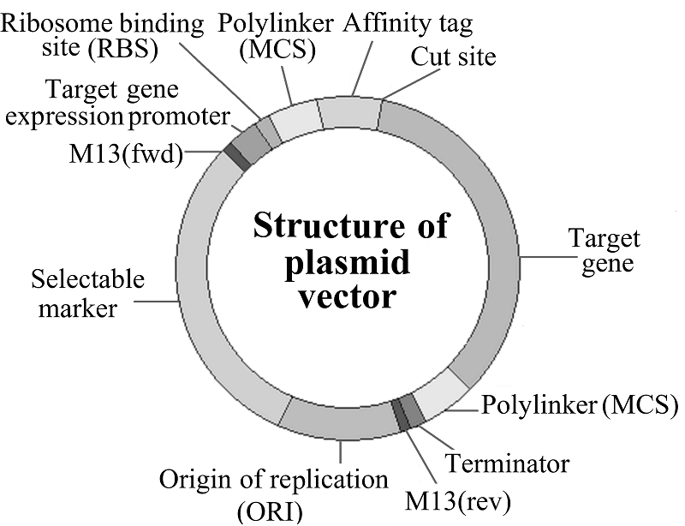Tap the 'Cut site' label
pyautogui.click(x=453, y=58)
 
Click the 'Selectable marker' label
pyautogui.click(x=87, y=294)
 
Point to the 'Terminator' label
pyautogui.click(x=506, y=464)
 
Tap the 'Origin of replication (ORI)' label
pyautogui.click(x=275, y=493)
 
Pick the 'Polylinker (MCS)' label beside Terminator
pyautogui.click(x=575, y=403)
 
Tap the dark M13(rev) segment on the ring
pyautogui.click(x=400, y=414)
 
